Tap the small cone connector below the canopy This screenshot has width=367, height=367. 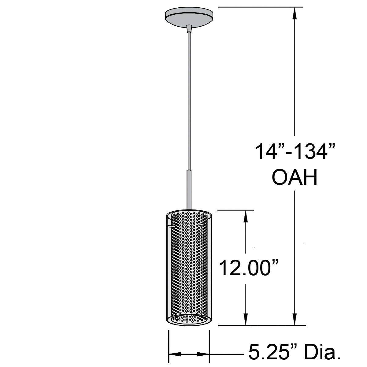(189, 29)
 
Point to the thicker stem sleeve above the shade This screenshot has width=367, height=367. (189, 190)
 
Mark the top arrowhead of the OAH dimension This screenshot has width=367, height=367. (295, 14)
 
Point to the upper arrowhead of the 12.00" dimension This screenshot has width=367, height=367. (245, 217)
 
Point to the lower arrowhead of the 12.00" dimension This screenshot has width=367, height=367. (245, 319)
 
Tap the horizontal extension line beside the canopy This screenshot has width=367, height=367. (260, 7)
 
